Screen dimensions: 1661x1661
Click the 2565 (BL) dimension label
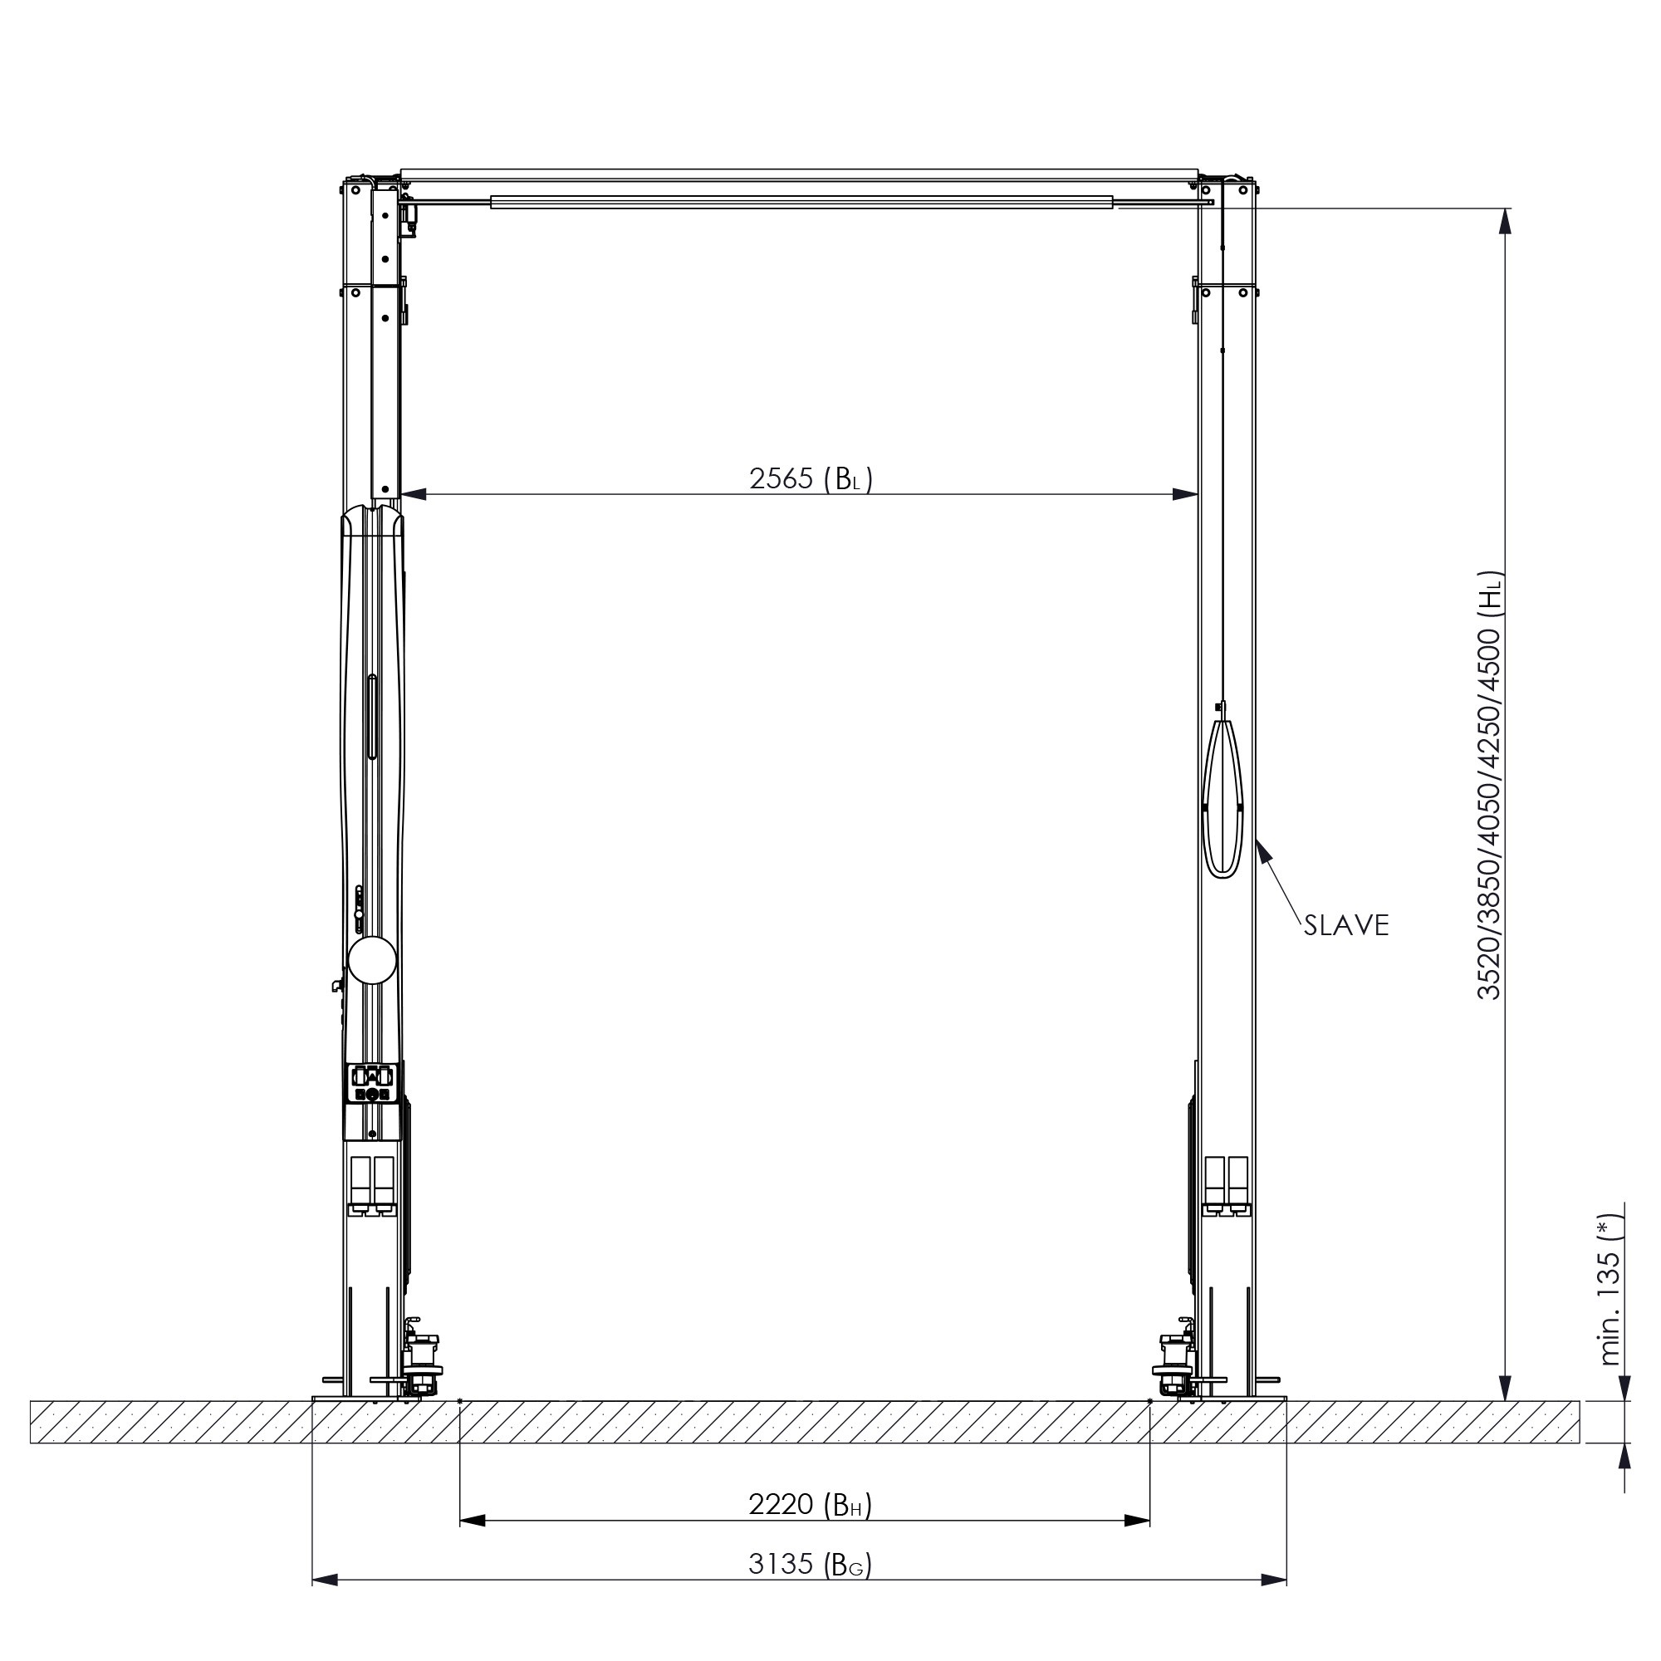tap(811, 478)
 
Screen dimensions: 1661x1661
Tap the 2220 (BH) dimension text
tap(810, 1505)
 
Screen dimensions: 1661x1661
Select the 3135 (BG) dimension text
tap(810, 1564)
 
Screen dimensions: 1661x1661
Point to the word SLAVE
tap(1346, 925)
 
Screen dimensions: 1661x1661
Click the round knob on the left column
tap(372, 960)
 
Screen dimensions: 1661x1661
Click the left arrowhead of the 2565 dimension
tap(414, 494)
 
